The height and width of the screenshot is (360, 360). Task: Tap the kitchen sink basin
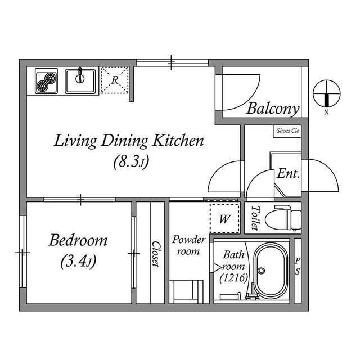[81, 81]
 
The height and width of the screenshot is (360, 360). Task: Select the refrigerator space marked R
[114, 79]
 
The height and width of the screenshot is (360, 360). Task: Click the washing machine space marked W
[224, 218]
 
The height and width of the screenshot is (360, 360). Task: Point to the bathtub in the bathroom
[271, 272]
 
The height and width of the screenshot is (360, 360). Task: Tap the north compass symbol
[326, 94]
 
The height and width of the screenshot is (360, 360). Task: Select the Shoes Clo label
[287, 131]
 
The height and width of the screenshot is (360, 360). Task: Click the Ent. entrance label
[287, 174]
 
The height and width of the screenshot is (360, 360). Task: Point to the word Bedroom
[78, 241]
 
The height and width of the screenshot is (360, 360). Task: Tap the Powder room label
[188, 245]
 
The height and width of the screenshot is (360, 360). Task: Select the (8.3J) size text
[130, 163]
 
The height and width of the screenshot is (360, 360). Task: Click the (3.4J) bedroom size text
[78, 262]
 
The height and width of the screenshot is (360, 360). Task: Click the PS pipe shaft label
[298, 266]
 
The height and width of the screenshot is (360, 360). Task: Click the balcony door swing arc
[242, 93]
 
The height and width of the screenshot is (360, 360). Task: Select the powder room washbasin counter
[186, 291]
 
